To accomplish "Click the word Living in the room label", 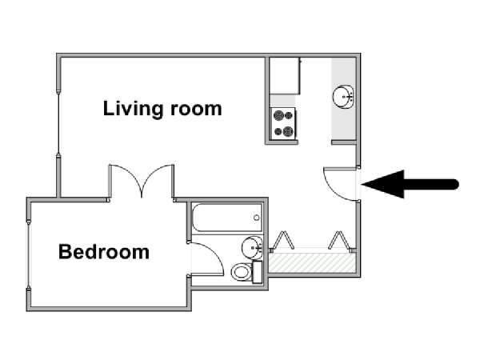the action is point(133,109).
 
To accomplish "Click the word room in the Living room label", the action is point(196,110).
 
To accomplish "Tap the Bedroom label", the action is point(104,252).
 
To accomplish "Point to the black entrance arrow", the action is point(410,184).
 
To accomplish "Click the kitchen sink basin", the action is point(343,97).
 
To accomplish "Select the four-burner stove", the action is point(283,124).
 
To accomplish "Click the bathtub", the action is point(227,218).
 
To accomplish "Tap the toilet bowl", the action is point(241,272).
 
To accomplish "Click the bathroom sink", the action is point(252,247).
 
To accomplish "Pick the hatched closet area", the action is point(312,262).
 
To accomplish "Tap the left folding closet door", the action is point(284,240).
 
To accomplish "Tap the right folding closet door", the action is point(339,240).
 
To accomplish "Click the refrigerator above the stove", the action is point(285,76).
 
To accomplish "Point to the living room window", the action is point(58,123).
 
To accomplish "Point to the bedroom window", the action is point(29,254).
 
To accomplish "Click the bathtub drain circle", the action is point(257,218).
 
